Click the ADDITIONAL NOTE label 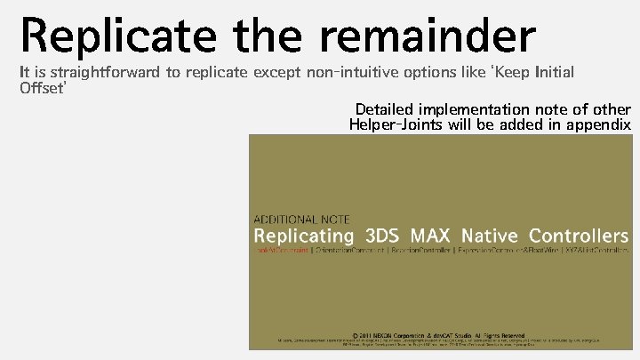(302, 219)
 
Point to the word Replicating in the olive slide (304, 236)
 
